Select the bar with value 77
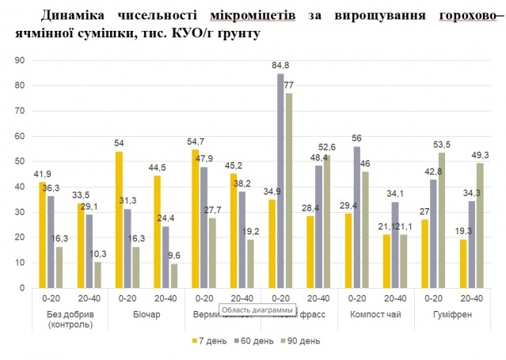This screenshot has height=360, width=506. (291, 191)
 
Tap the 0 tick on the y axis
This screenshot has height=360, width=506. (22, 288)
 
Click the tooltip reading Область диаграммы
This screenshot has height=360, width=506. (257, 309)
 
